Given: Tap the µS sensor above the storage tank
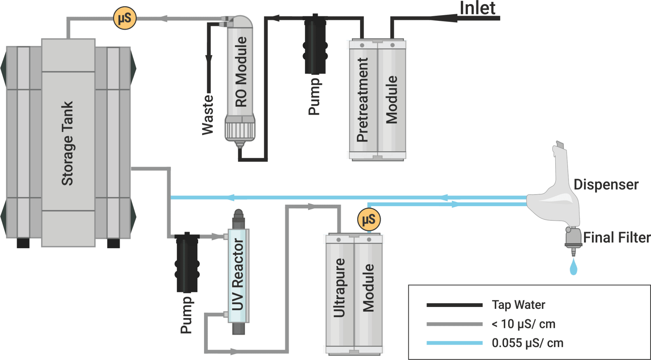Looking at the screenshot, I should tap(125, 18).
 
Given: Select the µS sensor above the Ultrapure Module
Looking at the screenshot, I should tap(369, 219).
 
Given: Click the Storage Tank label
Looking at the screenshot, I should tap(67, 143).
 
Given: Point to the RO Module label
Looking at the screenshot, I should tap(241, 72).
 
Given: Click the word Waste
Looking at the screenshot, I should tap(208, 115).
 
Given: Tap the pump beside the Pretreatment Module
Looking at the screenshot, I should tap(315, 44).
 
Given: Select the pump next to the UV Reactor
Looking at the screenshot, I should tap(187, 262).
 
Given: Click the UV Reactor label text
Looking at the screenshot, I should tap(238, 275).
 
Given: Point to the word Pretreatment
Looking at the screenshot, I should tap(362, 100).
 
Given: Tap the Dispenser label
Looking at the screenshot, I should tap(606, 185).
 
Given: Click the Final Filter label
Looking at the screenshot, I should tap(616, 238).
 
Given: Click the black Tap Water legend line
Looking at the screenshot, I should tap(454, 305).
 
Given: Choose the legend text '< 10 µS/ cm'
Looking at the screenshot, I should tap(523, 324).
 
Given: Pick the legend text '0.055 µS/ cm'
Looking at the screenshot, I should tap(527, 343).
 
